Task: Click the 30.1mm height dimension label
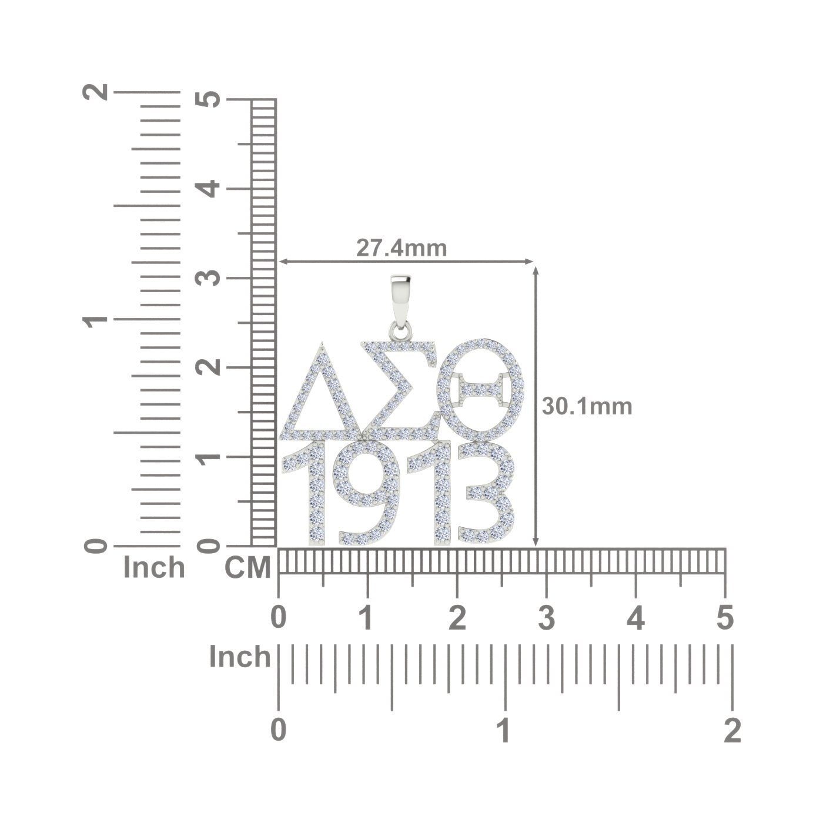pyautogui.click(x=587, y=406)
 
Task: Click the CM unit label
pyautogui.click(x=247, y=568)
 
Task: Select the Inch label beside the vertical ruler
pyautogui.click(x=154, y=568)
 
